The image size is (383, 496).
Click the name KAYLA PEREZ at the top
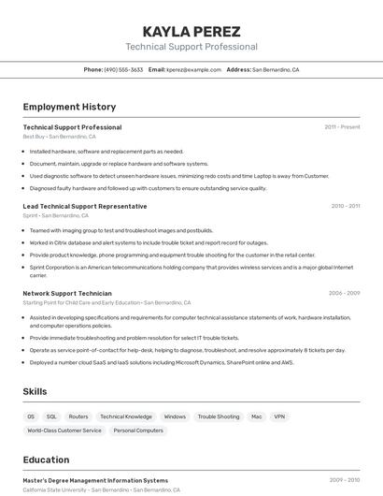click(x=191, y=31)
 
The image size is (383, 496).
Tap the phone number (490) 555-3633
click(x=123, y=69)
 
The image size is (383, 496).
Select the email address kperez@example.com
click(x=192, y=69)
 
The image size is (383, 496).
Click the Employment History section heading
click(x=69, y=107)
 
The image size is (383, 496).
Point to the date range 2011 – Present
click(x=342, y=127)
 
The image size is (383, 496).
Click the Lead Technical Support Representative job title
click(x=84, y=206)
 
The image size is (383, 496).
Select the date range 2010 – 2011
click(x=345, y=206)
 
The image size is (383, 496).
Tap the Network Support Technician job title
click(x=67, y=293)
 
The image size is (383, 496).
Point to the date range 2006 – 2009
click(x=344, y=293)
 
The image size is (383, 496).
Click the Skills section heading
click(x=35, y=391)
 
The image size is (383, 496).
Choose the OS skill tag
click(x=31, y=416)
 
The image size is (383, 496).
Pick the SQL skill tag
click(x=51, y=416)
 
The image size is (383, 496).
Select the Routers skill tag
click(x=78, y=416)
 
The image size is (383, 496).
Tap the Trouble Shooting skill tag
click(x=219, y=416)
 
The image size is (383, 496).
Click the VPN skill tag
click(x=279, y=416)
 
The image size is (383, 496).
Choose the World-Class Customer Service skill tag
click(x=64, y=430)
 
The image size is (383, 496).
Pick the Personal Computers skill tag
click(x=138, y=430)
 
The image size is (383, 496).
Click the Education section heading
click(x=46, y=460)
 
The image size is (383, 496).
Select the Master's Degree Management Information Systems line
click(x=95, y=480)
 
